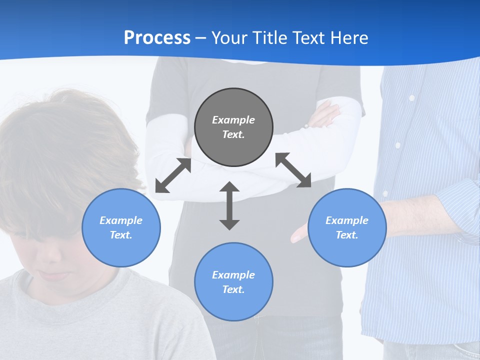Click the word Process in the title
[x=157, y=38]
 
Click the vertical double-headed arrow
[x=229, y=205]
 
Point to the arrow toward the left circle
[x=173, y=175]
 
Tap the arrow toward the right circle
[x=293, y=170]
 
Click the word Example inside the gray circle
[x=233, y=120]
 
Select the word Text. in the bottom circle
[x=233, y=289]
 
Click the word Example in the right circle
[x=347, y=220]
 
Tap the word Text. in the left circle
[x=121, y=235]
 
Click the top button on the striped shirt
[x=411, y=98]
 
